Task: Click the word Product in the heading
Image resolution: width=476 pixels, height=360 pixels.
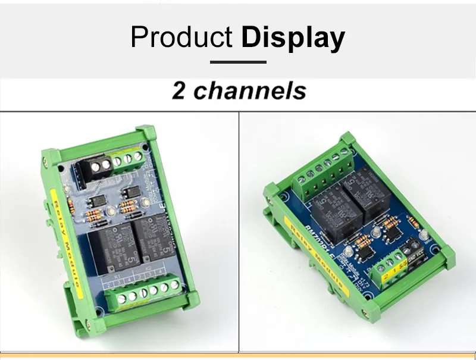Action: point(181,37)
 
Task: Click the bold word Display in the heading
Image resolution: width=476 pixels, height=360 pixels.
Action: point(293,38)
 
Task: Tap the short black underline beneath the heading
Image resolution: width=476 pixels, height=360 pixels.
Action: point(238,61)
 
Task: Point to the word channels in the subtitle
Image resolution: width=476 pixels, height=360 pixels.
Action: point(250,91)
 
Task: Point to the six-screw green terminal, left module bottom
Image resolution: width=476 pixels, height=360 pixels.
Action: point(143,291)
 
